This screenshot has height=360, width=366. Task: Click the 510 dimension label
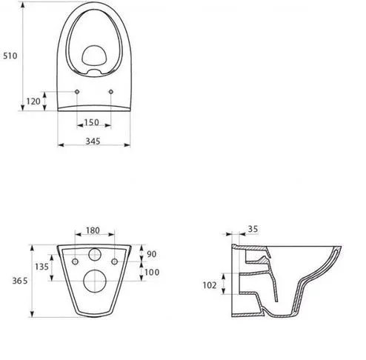(10, 56)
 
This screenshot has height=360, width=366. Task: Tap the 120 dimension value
(33, 101)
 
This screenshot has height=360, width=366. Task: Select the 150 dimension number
(92, 122)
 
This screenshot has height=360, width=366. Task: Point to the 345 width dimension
(93, 141)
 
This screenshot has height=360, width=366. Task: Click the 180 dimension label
(93, 230)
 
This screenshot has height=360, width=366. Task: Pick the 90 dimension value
(152, 254)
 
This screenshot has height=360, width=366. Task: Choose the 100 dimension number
(152, 273)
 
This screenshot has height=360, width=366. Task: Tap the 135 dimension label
(41, 267)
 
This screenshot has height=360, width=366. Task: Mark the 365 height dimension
(20, 281)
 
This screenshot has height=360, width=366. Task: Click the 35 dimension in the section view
(253, 229)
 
